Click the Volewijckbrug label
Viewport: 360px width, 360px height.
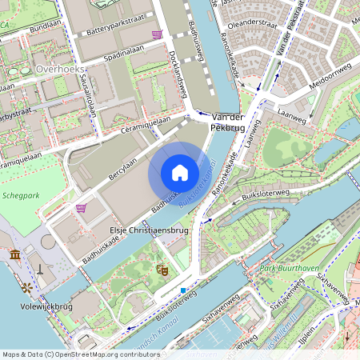(x=46, y=306)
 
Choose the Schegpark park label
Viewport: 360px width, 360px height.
(x=22, y=194)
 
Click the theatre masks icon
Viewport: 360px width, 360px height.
(x=161, y=270)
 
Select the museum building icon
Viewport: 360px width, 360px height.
(x=15, y=254)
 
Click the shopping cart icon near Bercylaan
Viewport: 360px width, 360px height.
(x=81, y=209)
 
